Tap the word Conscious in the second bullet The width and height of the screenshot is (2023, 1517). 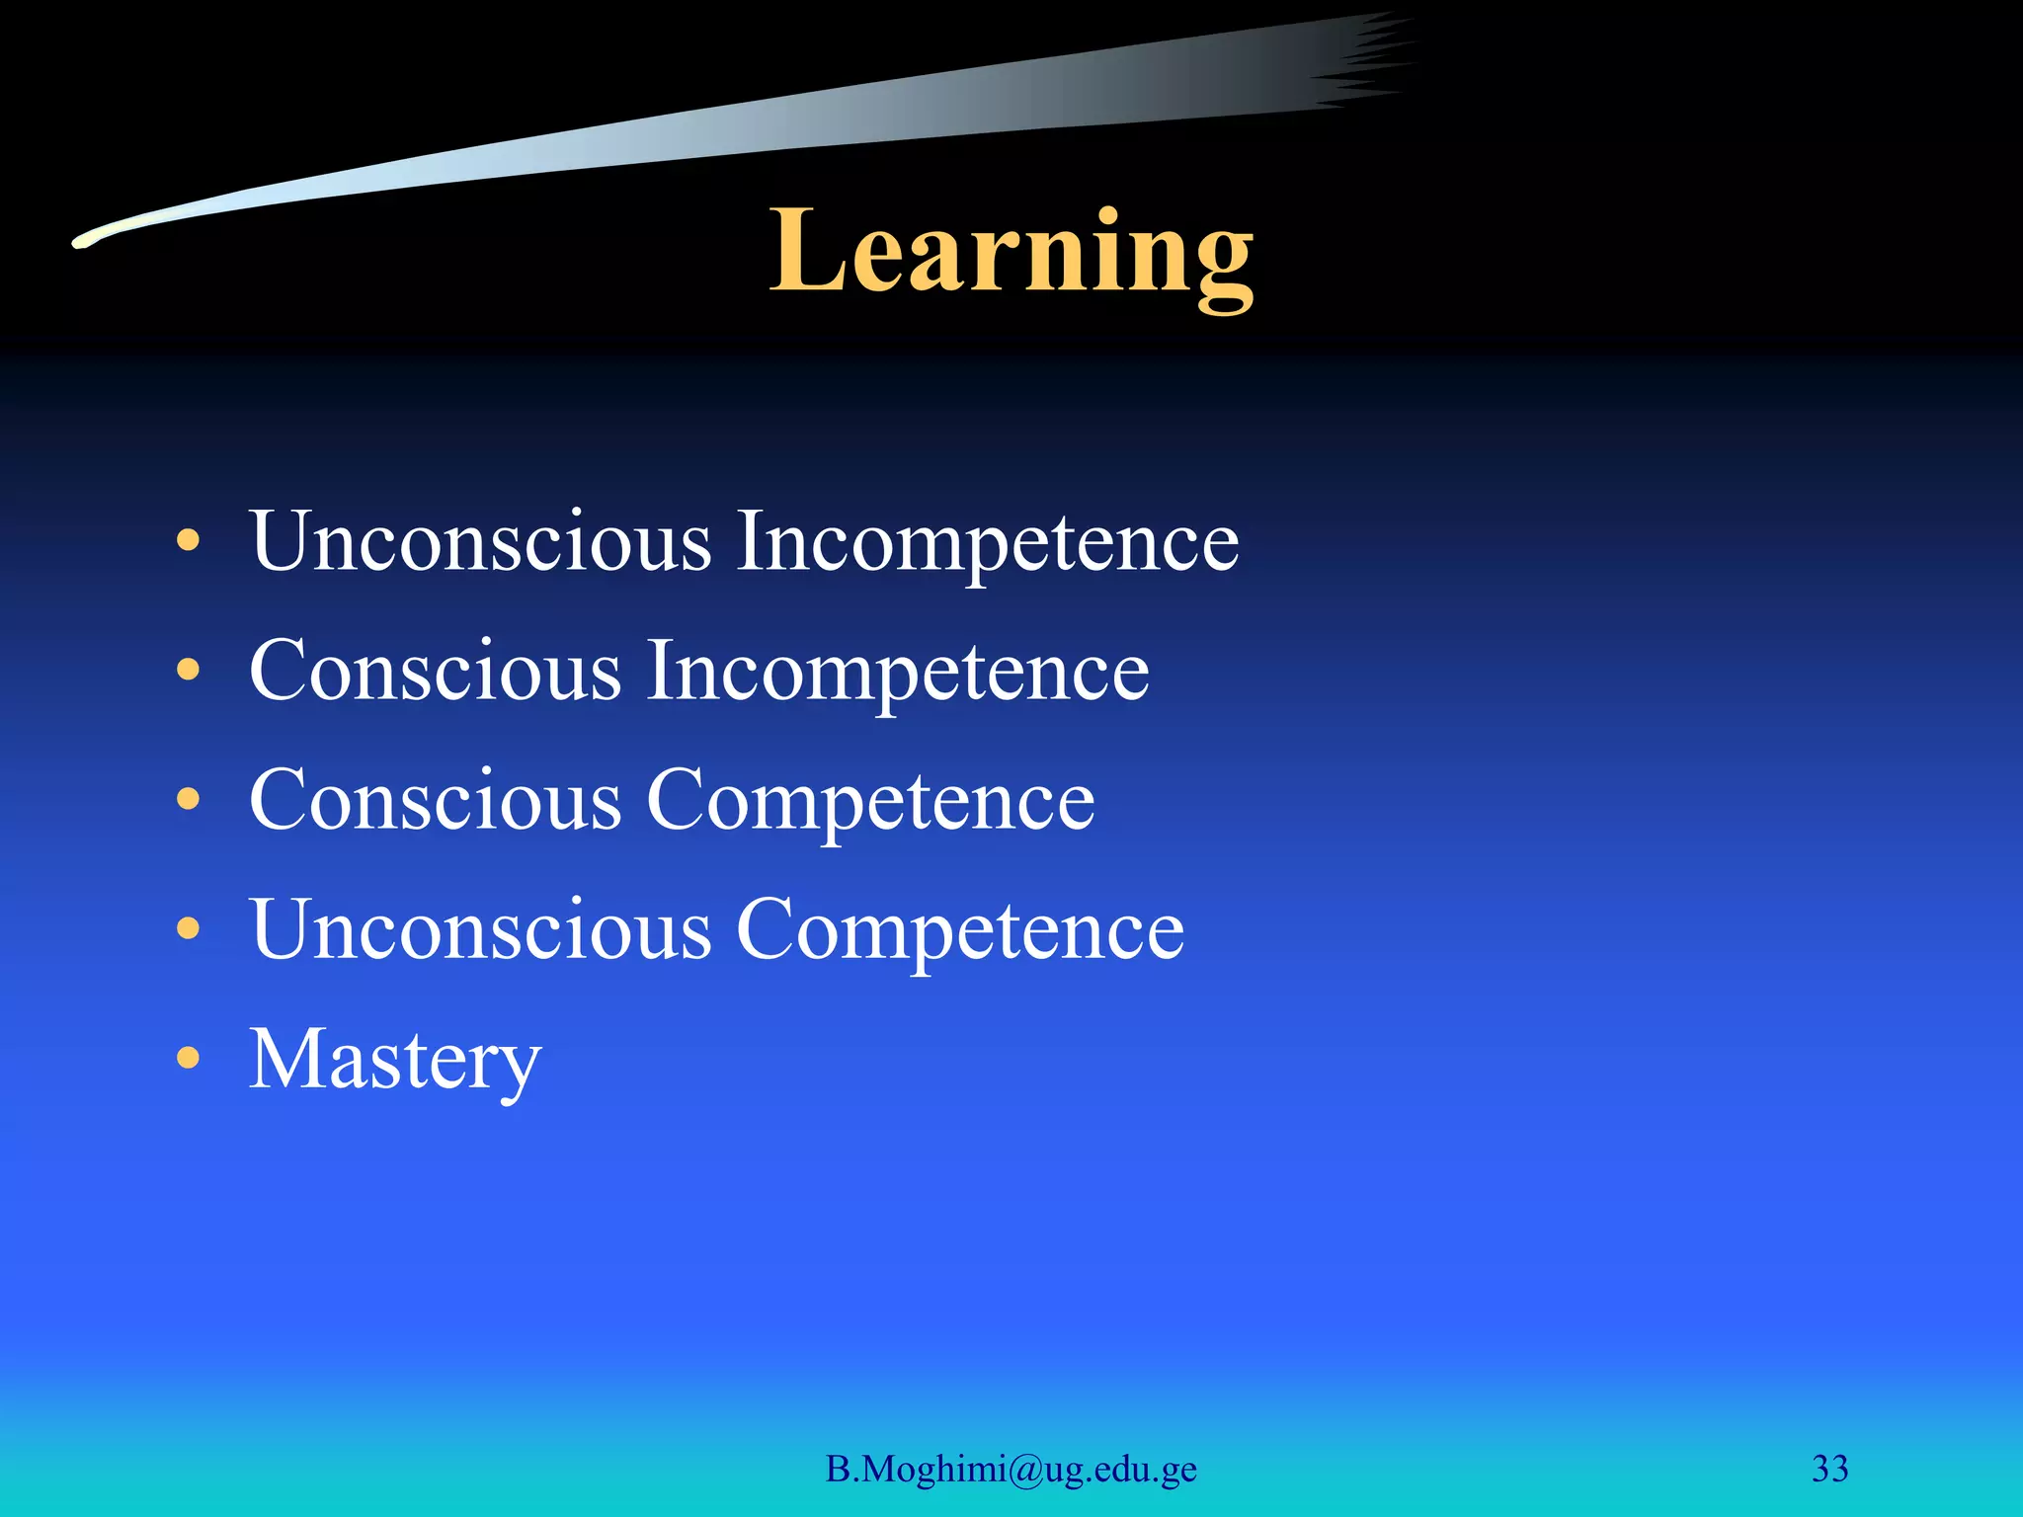tap(436, 671)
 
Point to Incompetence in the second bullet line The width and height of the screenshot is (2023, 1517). tap(898, 671)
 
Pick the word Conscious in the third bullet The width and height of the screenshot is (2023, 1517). tap(436, 800)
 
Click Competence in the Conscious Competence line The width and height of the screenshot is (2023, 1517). tap(870, 800)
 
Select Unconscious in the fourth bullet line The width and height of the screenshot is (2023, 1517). tap(481, 929)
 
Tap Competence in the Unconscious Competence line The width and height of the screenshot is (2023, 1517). tap(960, 929)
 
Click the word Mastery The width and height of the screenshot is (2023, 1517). tap(395, 1060)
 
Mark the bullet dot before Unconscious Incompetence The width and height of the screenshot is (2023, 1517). tap(188, 541)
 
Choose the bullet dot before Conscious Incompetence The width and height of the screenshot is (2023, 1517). tap(188, 671)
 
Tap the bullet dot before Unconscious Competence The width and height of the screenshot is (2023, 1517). tap(188, 929)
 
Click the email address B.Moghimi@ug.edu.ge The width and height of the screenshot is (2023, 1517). tap(1011, 1470)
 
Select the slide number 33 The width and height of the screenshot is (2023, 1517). tap(1829, 1470)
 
